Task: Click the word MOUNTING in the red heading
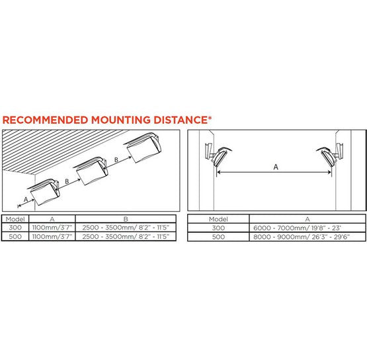coord(121,120)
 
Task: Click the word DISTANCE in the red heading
coord(181,120)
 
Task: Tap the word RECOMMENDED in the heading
coord(45,120)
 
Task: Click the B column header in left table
coord(126,219)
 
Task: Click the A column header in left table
coord(52,219)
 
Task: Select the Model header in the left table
coord(15,219)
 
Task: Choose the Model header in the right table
coord(218,219)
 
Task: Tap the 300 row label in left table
coord(15,228)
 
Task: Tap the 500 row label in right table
coord(218,237)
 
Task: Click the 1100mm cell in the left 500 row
coord(52,236)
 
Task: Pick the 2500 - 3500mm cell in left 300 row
coord(126,228)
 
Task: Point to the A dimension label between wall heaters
coord(276,167)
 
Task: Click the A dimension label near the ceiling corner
coord(26,200)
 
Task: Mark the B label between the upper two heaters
coord(116,160)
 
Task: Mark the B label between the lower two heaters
coord(67,181)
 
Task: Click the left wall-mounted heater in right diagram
coord(218,156)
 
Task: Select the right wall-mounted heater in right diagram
coord(330,156)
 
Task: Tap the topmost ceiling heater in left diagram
coord(143,147)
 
